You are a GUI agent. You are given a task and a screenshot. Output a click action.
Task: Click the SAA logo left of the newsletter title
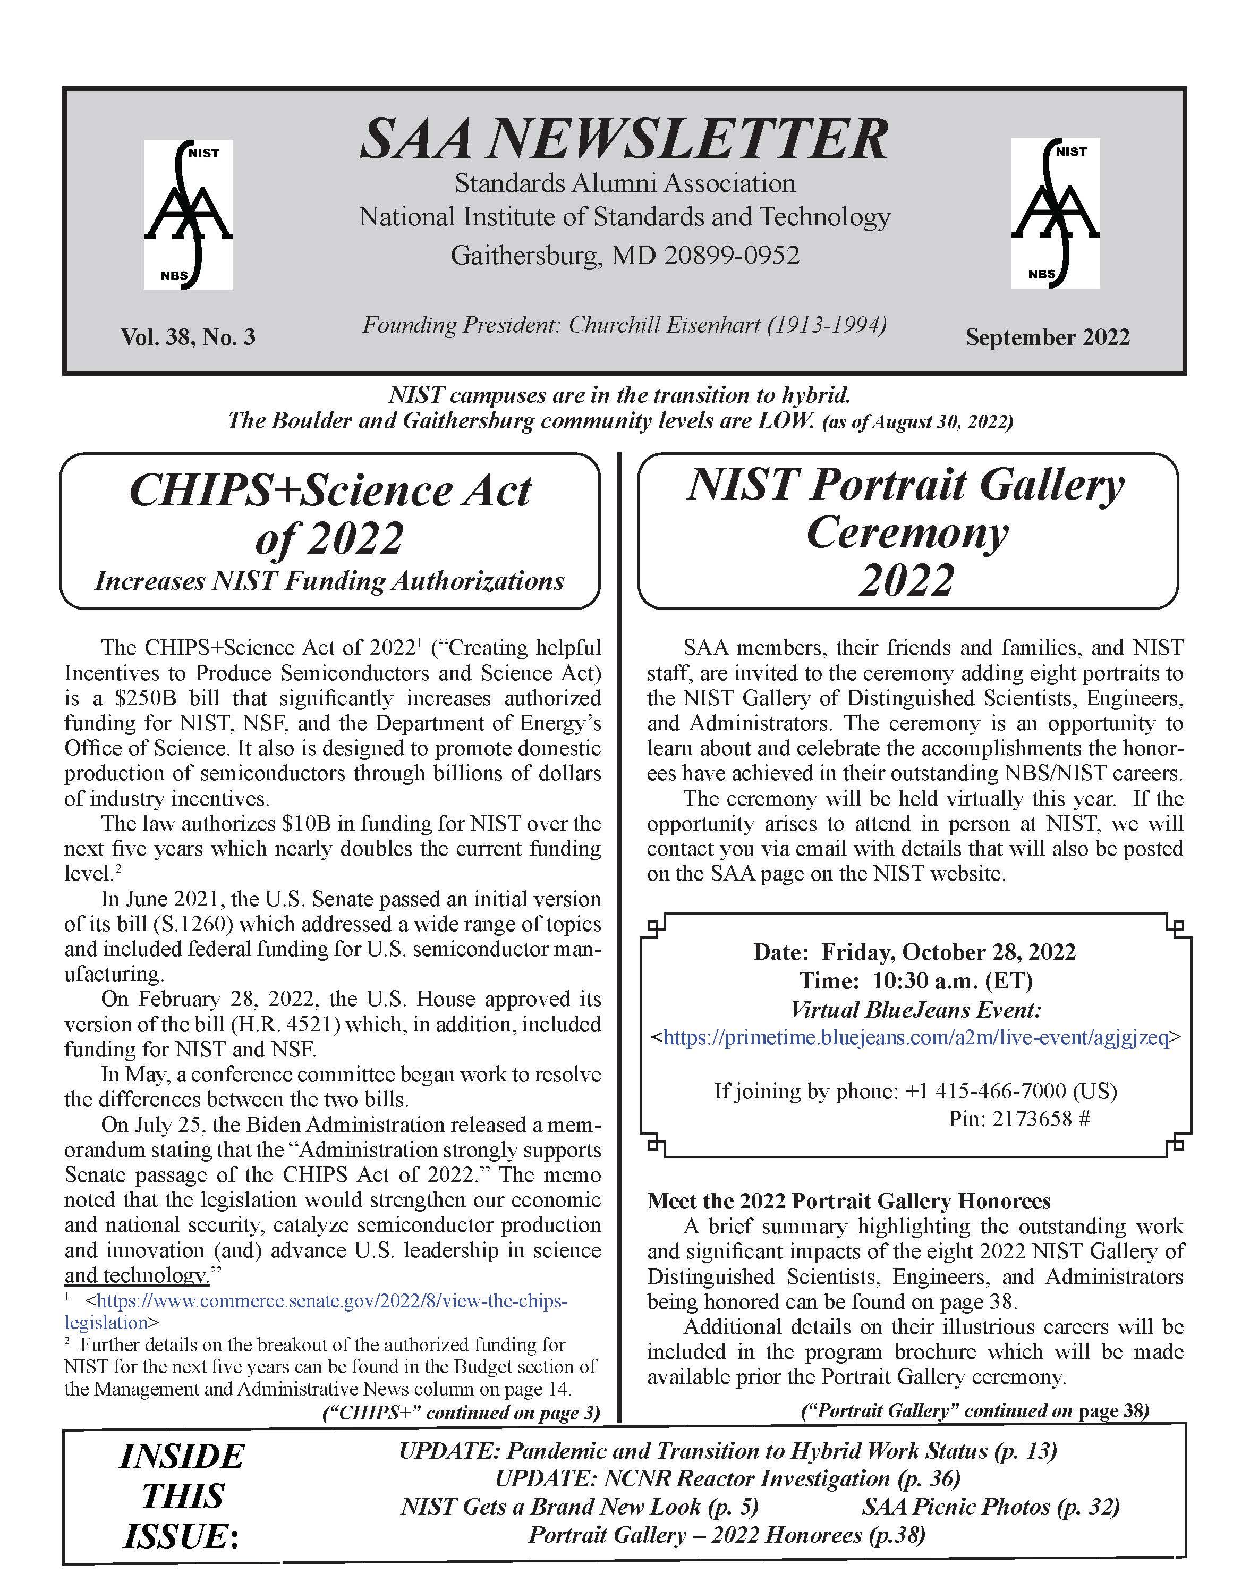188,214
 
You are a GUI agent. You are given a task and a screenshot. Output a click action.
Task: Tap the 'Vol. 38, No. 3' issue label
188,337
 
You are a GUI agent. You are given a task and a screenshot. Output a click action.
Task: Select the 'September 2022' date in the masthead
1048,337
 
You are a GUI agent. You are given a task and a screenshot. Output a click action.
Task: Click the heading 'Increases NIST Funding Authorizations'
330,581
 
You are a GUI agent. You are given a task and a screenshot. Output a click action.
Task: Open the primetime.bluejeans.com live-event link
916,1037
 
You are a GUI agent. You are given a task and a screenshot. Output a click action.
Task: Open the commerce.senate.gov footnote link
331,1300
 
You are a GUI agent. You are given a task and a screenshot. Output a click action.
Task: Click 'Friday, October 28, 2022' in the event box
948,952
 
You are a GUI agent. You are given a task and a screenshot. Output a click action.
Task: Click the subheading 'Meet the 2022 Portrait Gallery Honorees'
849,1200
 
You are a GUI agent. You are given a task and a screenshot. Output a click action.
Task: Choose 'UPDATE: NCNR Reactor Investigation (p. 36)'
727,1478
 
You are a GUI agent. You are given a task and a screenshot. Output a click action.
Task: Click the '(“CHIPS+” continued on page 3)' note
461,1413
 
